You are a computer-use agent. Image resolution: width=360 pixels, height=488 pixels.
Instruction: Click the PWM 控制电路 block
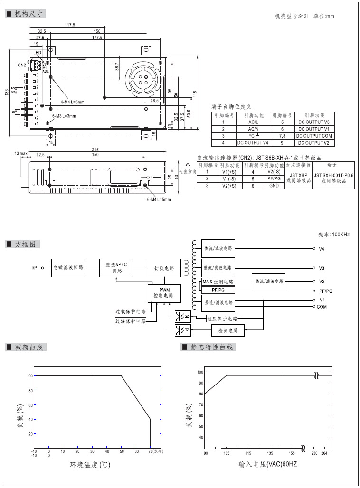point(164,292)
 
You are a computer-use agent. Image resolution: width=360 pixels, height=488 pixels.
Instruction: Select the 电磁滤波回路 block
point(68,268)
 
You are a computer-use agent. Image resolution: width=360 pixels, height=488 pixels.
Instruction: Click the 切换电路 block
point(164,268)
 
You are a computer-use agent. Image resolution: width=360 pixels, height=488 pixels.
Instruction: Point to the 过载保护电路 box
point(131,312)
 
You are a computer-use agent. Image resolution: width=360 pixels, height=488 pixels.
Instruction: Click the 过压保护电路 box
point(222,319)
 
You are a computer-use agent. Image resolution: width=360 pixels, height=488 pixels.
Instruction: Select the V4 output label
point(322,248)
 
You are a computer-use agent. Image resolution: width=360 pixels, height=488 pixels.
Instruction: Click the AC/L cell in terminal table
point(253,122)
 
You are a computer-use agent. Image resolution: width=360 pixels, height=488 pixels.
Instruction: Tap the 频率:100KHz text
point(334,235)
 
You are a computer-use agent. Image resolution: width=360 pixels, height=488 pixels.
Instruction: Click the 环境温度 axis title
point(90,464)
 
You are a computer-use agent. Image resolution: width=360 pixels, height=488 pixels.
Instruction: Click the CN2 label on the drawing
point(22,65)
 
